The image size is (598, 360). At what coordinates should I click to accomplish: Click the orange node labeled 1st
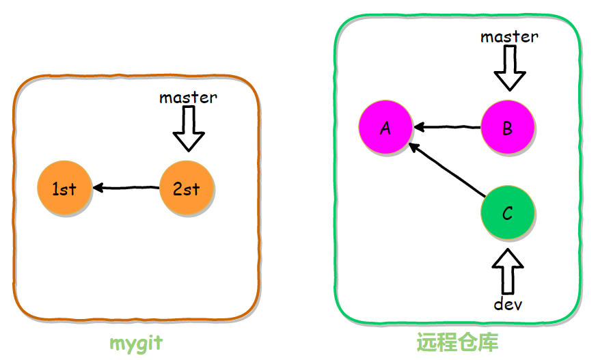[65, 188]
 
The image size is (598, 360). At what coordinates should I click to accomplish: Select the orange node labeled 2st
[187, 188]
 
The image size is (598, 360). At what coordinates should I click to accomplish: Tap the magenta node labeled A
[385, 128]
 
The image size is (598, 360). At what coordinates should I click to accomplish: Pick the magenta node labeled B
[508, 128]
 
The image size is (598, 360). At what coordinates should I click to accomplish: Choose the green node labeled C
[508, 214]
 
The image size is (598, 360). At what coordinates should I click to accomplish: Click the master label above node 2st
[188, 98]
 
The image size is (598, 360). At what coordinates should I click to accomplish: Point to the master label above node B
[509, 37]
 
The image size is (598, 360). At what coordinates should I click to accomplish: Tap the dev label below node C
[508, 304]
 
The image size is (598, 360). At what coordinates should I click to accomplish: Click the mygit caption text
[137, 342]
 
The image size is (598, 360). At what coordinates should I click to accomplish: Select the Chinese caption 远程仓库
[457, 342]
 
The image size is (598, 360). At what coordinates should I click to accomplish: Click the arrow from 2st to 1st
[126, 187]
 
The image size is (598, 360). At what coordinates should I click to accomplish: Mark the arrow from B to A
[448, 127]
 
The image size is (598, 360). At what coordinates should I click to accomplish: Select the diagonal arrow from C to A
[447, 171]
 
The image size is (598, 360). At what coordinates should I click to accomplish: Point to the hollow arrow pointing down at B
[510, 70]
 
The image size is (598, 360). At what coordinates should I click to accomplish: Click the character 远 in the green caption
[427, 342]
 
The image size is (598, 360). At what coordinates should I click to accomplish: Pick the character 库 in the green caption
[488, 342]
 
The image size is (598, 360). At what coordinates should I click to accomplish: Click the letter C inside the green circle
[508, 214]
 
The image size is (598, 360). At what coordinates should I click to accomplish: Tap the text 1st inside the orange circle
[65, 189]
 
